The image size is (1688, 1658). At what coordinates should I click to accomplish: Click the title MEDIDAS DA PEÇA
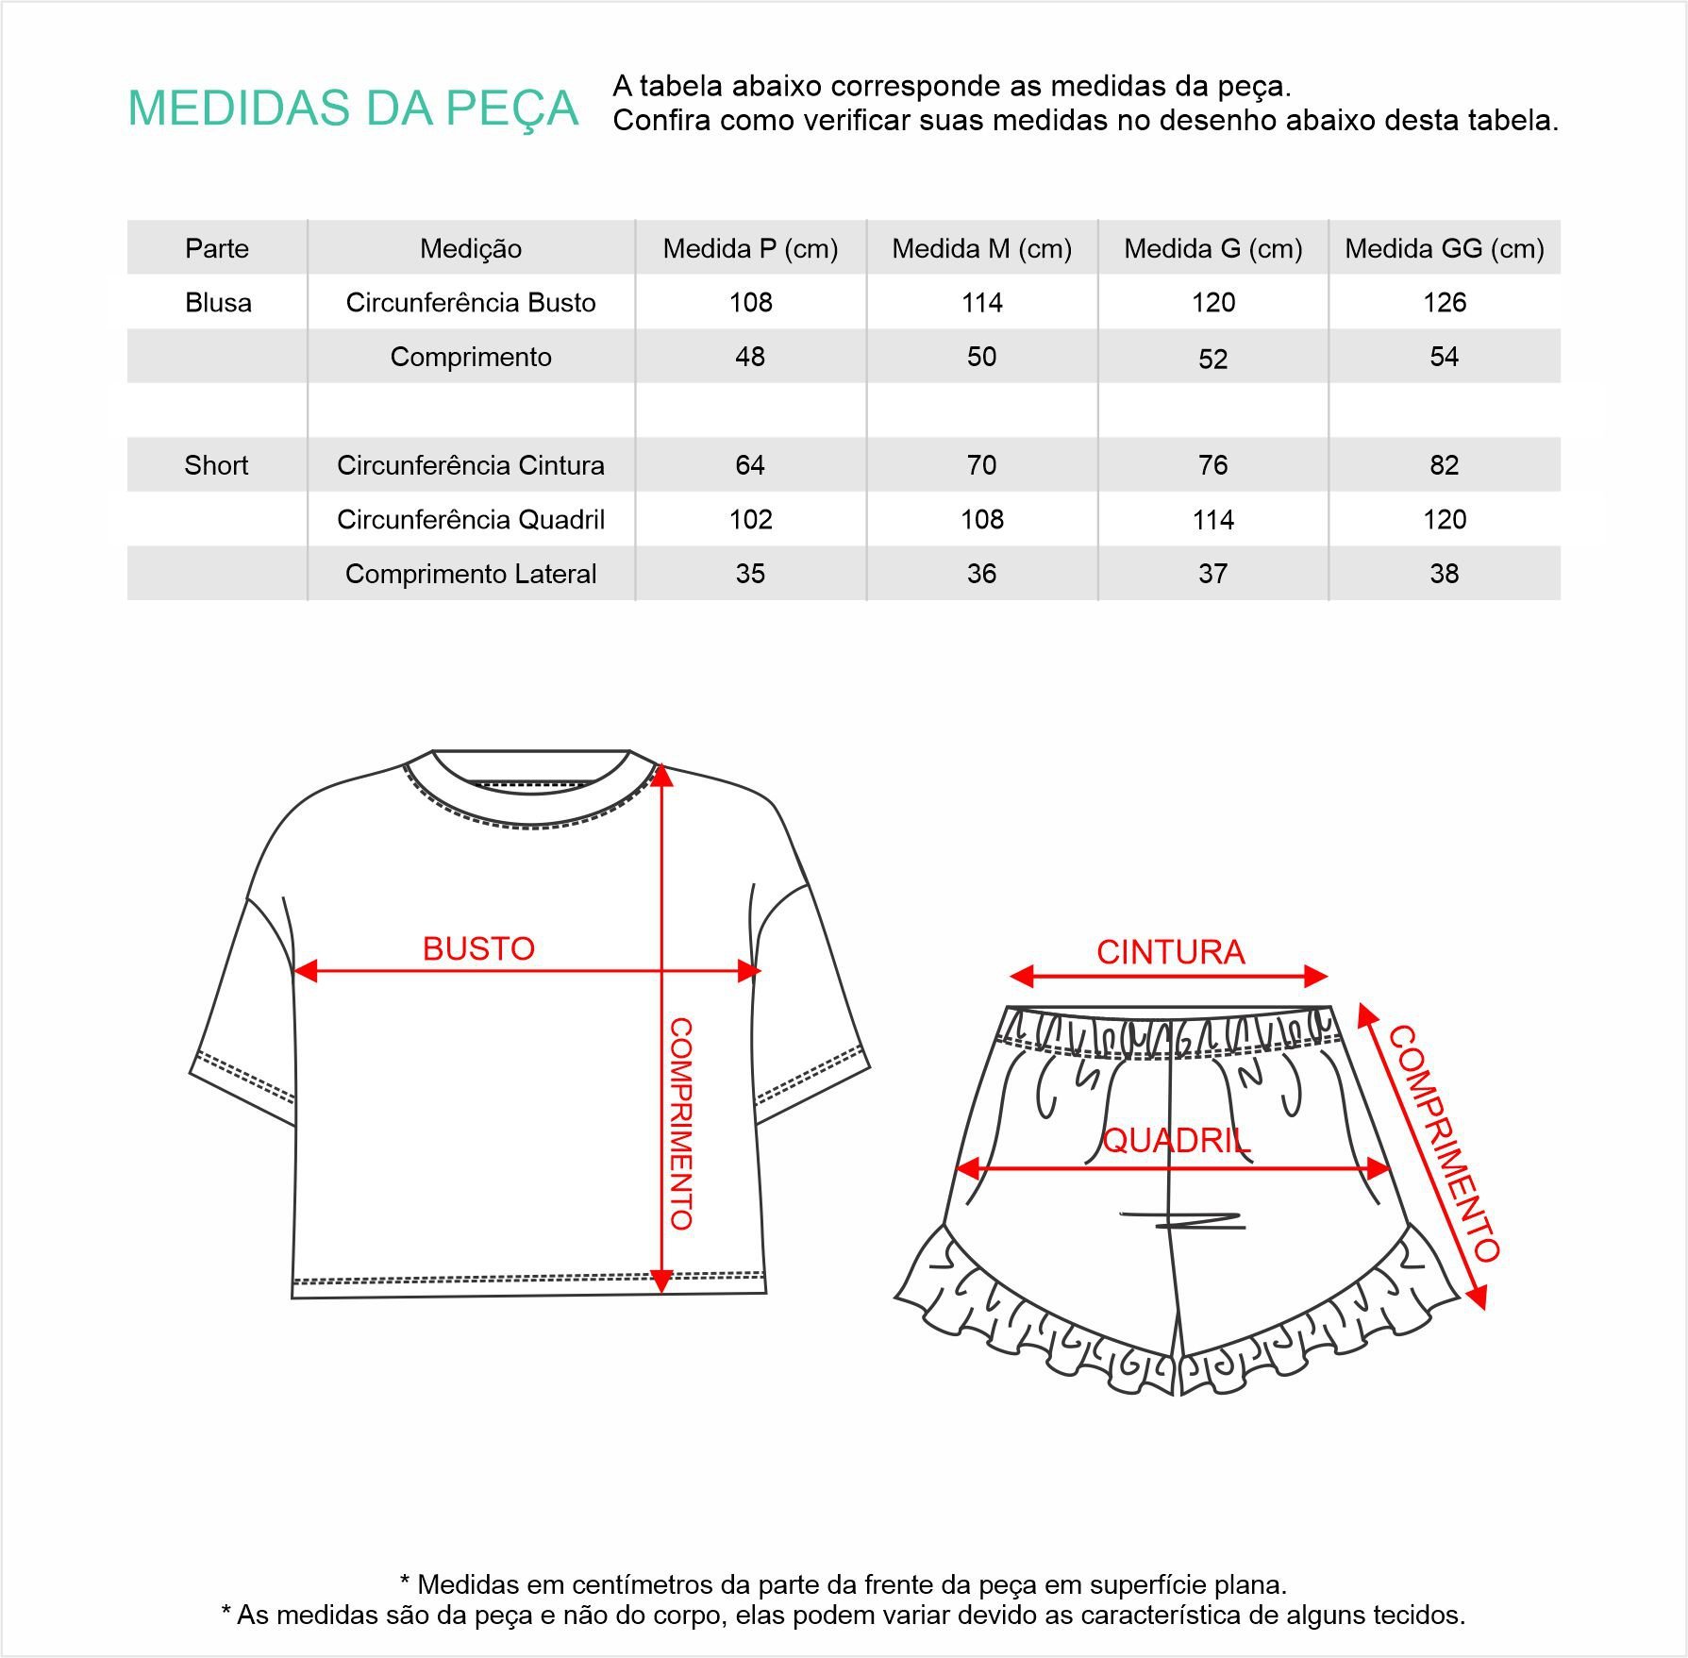[x=353, y=108]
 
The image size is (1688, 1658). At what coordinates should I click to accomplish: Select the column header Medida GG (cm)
[x=1444, y=248]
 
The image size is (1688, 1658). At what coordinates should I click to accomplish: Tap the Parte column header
[x=217, y=248]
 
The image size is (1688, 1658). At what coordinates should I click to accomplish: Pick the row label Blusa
[x=218, y=303]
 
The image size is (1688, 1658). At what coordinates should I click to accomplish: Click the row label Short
[x=216, y=465]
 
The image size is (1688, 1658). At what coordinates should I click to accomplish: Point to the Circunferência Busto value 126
[x=1444, y=303]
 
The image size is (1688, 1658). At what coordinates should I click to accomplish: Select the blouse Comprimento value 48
[x=750, y=357]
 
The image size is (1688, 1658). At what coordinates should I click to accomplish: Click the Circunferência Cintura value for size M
[x=981, y=465]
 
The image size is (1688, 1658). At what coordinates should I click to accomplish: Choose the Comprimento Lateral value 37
[x=1212, y=574]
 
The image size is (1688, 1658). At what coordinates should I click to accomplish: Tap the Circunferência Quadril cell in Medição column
[x=471, y=520]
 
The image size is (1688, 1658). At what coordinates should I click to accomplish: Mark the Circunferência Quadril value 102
[x=750, y=520]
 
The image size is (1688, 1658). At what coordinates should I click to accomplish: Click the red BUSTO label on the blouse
[x=478, y=948]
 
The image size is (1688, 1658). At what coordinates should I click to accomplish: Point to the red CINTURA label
[x=1170, y=952]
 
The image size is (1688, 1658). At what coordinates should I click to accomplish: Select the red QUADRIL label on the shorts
[x=1177, y=1141]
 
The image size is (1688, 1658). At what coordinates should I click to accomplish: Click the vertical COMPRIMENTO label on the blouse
[x=681, y=1123]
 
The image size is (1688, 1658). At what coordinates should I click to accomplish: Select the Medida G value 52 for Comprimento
[x=1212, y=359]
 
